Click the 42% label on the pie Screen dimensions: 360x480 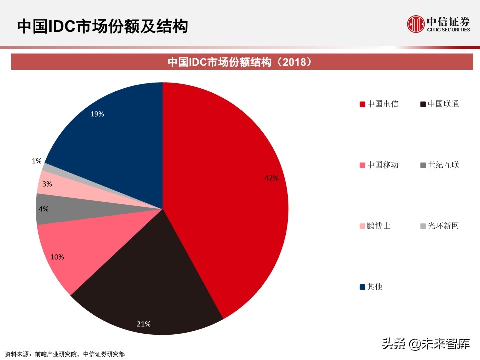271,178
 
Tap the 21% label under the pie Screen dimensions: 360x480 144,324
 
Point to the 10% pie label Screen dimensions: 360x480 57,257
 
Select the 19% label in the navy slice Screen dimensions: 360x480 97,114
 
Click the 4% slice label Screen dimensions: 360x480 44,209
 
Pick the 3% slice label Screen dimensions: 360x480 47,184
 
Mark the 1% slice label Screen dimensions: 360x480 37,161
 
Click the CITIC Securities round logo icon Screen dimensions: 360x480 415,23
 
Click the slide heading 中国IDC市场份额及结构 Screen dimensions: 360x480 102,26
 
